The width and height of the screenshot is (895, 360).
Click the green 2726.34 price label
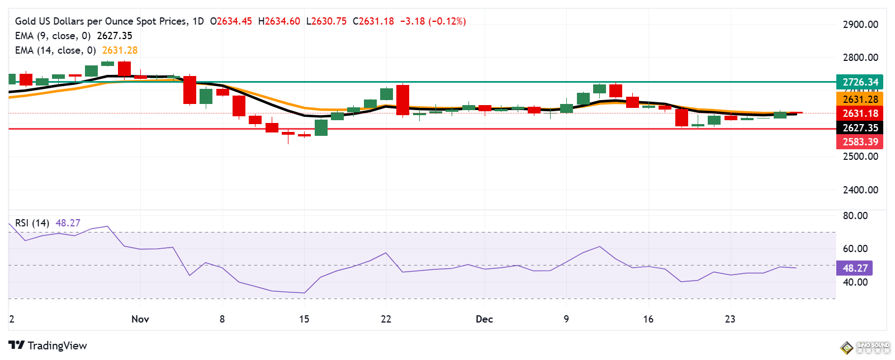click(860, 82)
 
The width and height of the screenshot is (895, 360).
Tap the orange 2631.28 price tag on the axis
click(860, 100)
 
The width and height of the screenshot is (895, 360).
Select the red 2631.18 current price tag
click(860, 113)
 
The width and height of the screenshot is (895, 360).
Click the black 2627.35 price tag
click(860, 128)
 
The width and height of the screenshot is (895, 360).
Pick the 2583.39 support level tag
click(860, 142)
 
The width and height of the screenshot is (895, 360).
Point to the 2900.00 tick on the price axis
click(860, 25)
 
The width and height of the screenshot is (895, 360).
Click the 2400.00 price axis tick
click(860, 190)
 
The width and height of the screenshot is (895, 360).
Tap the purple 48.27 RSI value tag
click(855, 268)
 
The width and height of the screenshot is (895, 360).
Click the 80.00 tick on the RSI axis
click(855, 216)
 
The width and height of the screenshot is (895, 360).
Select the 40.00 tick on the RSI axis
click(855, 282)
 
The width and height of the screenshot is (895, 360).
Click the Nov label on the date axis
click(140, 319)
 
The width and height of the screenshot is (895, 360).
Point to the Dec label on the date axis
click(484, 319)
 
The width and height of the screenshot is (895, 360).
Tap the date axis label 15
click(304, 319)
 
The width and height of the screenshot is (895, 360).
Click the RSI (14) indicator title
click(32, 223)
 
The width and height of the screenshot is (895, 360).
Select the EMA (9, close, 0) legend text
click(53, 36)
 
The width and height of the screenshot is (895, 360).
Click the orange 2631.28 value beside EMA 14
click(120, 50)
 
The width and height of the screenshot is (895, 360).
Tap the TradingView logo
click(48, 345)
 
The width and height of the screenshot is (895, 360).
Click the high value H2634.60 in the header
click(279, 21)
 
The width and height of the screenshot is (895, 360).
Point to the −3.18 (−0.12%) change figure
click(433, 21)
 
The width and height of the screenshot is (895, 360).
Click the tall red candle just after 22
click(402, 100)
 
